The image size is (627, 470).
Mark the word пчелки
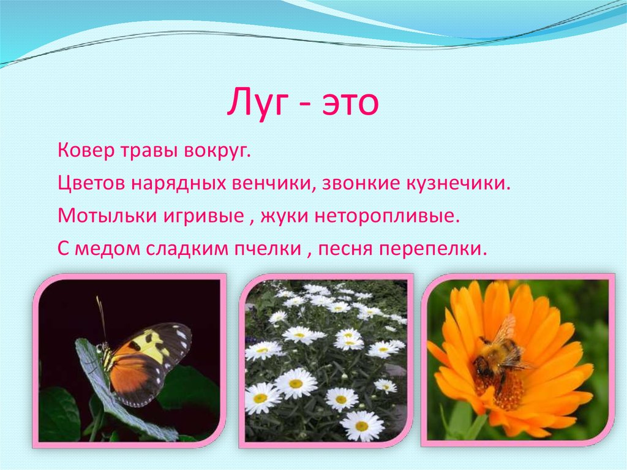[x=270, y=249]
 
